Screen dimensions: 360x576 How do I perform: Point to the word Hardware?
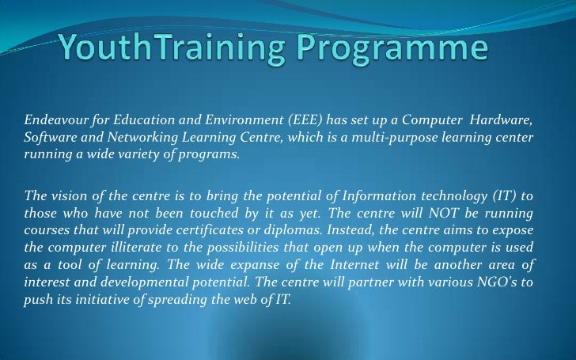pos(502,119)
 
